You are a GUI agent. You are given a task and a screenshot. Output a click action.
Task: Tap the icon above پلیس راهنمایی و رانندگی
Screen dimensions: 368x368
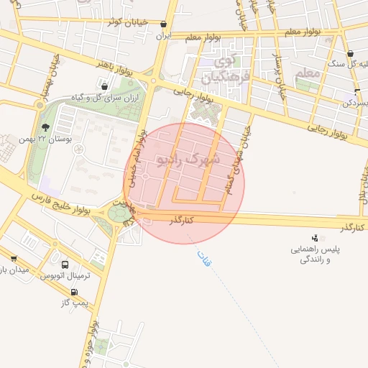(314, 238)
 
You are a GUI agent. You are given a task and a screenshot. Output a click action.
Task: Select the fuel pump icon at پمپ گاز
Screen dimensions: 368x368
(74, 292)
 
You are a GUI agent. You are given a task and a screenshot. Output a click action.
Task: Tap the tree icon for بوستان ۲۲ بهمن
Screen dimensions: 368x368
(45, 126)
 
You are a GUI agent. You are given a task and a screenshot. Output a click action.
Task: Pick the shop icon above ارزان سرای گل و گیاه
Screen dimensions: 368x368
(105, 87)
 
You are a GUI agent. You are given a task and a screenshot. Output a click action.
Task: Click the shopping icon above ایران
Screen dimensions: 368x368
(163, 24)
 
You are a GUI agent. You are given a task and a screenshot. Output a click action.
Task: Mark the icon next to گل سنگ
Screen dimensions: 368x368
(350, 54)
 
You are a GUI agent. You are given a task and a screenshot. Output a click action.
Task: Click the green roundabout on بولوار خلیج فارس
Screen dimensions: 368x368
(119, 213)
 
